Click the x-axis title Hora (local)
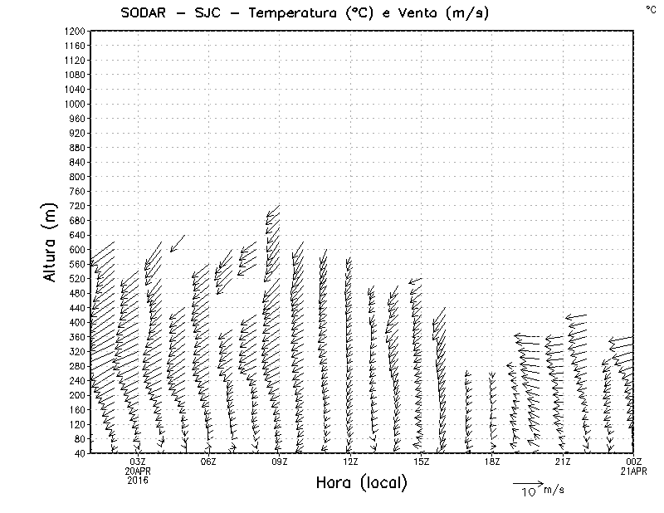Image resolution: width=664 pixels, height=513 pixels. coord(361,483)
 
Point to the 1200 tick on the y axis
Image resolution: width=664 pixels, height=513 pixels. coord(75,31)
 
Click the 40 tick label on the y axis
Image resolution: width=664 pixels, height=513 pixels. coord(80,453)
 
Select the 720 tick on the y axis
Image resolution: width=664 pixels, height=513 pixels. coord(77,205)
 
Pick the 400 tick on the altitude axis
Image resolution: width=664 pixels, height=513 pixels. coord(77,321)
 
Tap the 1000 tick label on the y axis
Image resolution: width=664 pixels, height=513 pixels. coord(75,104)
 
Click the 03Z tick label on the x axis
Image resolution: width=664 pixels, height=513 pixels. coord(138,462)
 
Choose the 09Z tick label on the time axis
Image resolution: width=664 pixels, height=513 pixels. coord(280,462)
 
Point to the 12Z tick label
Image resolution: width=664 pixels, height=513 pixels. coord(350,462)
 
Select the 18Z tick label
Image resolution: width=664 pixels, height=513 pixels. coord(492,462)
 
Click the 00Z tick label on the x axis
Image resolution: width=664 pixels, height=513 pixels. coord(634,462)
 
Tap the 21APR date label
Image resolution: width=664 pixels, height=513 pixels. coord(634,471)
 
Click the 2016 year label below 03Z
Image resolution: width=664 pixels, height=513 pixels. coord(138,480)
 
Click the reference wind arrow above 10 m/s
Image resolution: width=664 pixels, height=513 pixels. coord(527,482)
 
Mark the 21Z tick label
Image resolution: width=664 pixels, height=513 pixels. coord(563,462)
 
